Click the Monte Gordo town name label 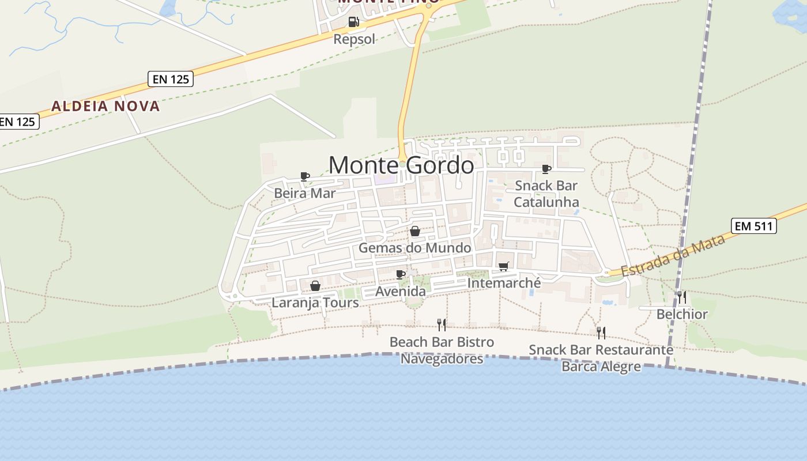pos(401,165)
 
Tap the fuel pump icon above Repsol pos(354,22)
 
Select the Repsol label pos(354,39)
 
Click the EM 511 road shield pos(754,226)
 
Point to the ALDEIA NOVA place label pos(105,106)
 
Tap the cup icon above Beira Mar pos(305,176)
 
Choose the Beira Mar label pos(304,193)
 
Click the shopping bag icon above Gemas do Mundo pos(414,231)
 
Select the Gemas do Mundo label pos(414,248)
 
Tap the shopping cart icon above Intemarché pos(504,266)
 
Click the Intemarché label pos(504,283)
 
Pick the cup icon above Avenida pos(401,274)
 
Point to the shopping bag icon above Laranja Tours pos(315,286)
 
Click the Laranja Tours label pos(315,303)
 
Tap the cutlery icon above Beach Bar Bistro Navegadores pos(442,324)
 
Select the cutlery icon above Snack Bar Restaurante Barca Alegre pos(601,332)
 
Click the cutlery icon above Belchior pos(682,297)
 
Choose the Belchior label pos(682,314)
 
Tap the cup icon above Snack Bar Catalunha pos(546,169)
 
